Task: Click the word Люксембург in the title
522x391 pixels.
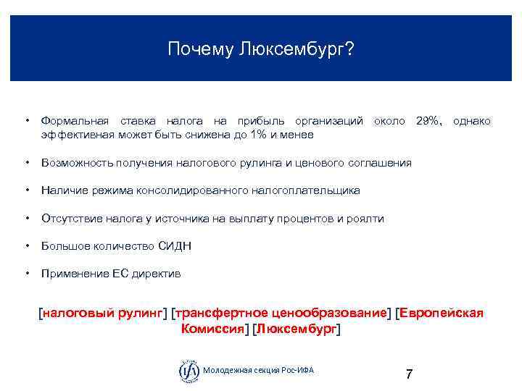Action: click(x=294, y=50)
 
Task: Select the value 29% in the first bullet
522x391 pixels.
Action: click(x=428, y=121)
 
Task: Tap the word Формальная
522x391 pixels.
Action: click(x=75, y=121)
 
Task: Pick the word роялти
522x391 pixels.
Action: click(x=367, y=218)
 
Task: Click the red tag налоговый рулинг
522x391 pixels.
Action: click(x=103, y=313)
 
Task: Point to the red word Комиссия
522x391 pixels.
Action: click(x=212, y=329)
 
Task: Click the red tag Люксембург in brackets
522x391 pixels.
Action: click(x=296, y=329)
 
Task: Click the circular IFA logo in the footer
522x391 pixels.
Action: click(x=188, y=371)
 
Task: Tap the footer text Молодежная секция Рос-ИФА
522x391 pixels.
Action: click(x=259, y=371)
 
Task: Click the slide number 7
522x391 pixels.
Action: click(x=409, y=374)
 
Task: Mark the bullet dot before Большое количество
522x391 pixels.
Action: click(x=26, y=246)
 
